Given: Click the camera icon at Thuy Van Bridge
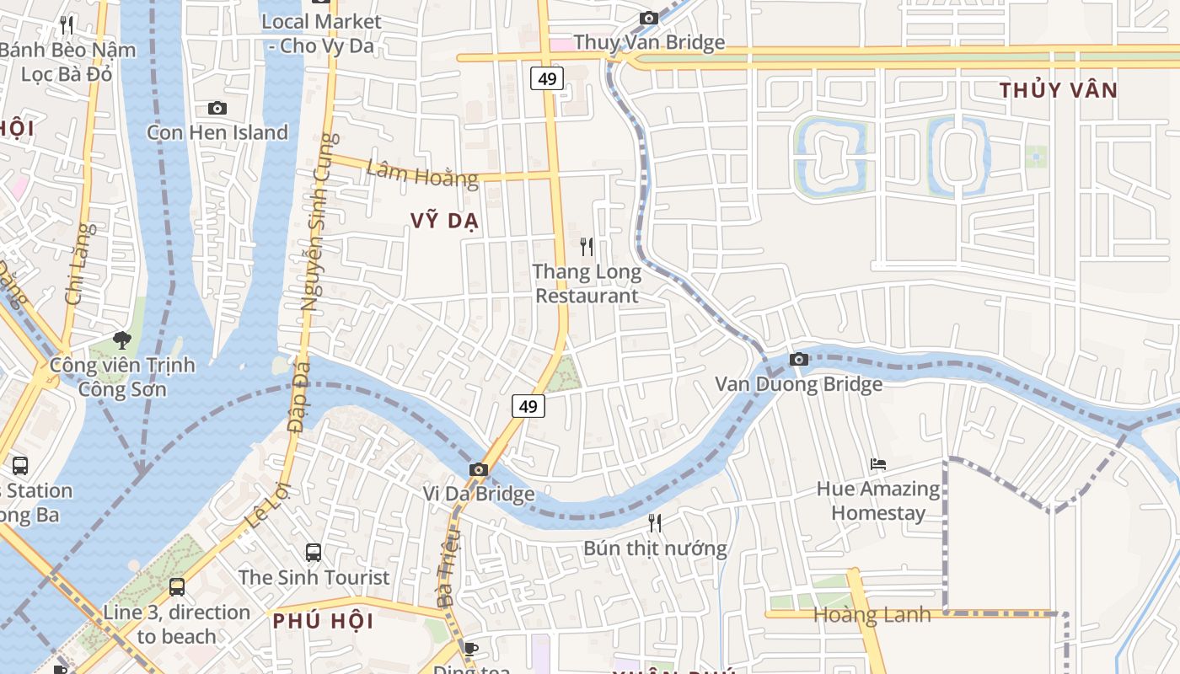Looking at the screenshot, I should tap(648, 19).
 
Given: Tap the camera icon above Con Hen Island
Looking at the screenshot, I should tap(217, 108).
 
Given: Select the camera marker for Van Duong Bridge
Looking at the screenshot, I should tap(798, 360).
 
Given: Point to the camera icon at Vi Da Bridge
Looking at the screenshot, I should tap(479, 469).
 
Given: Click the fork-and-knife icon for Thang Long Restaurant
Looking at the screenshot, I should tap(587, 247).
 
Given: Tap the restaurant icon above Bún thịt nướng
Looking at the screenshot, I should tap(654, 523).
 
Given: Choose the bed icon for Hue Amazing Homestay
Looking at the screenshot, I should tap(878, 464).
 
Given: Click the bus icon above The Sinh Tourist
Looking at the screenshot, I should tap(314, 553).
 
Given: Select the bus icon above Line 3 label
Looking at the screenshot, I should tap(177, 587).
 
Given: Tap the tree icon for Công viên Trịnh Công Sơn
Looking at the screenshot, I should tap(122, 340).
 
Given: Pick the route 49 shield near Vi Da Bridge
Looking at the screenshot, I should tap(528, 406).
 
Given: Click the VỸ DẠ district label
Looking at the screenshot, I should tap(444, 221).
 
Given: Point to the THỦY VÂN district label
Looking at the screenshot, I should tap(1059, 91).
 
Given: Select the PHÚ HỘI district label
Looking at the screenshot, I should tap(323, 622).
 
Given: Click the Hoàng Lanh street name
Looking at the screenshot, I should tap(872, 615).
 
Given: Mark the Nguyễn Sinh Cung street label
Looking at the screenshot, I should tap(317, 222).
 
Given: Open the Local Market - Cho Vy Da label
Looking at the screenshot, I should tap(321, 34).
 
